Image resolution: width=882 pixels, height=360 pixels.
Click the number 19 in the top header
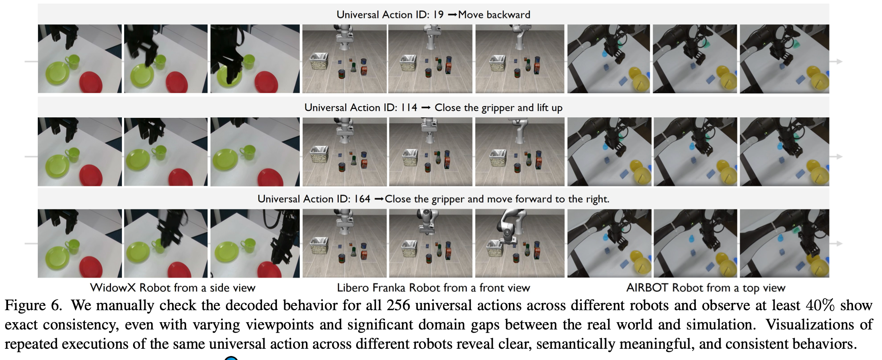[438, 15]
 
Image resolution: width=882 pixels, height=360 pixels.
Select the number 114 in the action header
[409, 108]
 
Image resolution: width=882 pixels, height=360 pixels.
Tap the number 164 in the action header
[362, 199]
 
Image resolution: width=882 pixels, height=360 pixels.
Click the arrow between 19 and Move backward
[452, 15]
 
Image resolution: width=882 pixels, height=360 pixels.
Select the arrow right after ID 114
[426, 108]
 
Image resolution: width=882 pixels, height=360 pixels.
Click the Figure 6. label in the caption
[33, 306]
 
